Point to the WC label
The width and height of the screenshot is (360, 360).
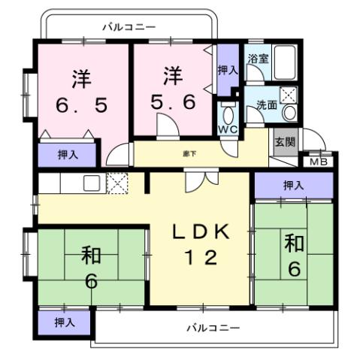pyautogui.click(x=228, y=130)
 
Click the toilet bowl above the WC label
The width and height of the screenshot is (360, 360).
pyautogui.click(x=228, y=113)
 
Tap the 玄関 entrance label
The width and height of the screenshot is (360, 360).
pyautogui.click(x=283, y=142)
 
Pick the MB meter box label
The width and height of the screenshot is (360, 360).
pyautogui.click(x=319, y=160)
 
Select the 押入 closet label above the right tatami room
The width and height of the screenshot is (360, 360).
pyautogui.click(x=292, y=185)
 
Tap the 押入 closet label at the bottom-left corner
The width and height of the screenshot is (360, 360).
pyautogui.click(x=65, y=322)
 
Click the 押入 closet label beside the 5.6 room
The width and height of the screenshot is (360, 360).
pyautogui.click(x=228, y=70)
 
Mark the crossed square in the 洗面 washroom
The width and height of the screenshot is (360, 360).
pyautogui.click(x=289, y=95)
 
